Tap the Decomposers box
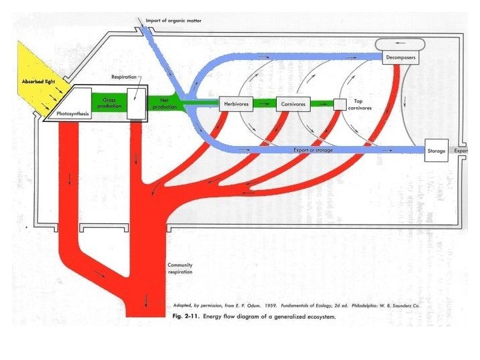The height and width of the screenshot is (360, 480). click(401, 58)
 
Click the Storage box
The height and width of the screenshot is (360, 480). click(436, 151)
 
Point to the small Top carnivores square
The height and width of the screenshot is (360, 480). click(340, 104)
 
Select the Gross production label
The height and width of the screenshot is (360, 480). click(109, 103)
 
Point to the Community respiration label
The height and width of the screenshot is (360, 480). click(180, 269)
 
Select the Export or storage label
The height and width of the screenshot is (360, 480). click(313, 151)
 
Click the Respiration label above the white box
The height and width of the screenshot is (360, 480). click(125, 77)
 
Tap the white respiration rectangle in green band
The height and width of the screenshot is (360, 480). click(135, 104)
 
